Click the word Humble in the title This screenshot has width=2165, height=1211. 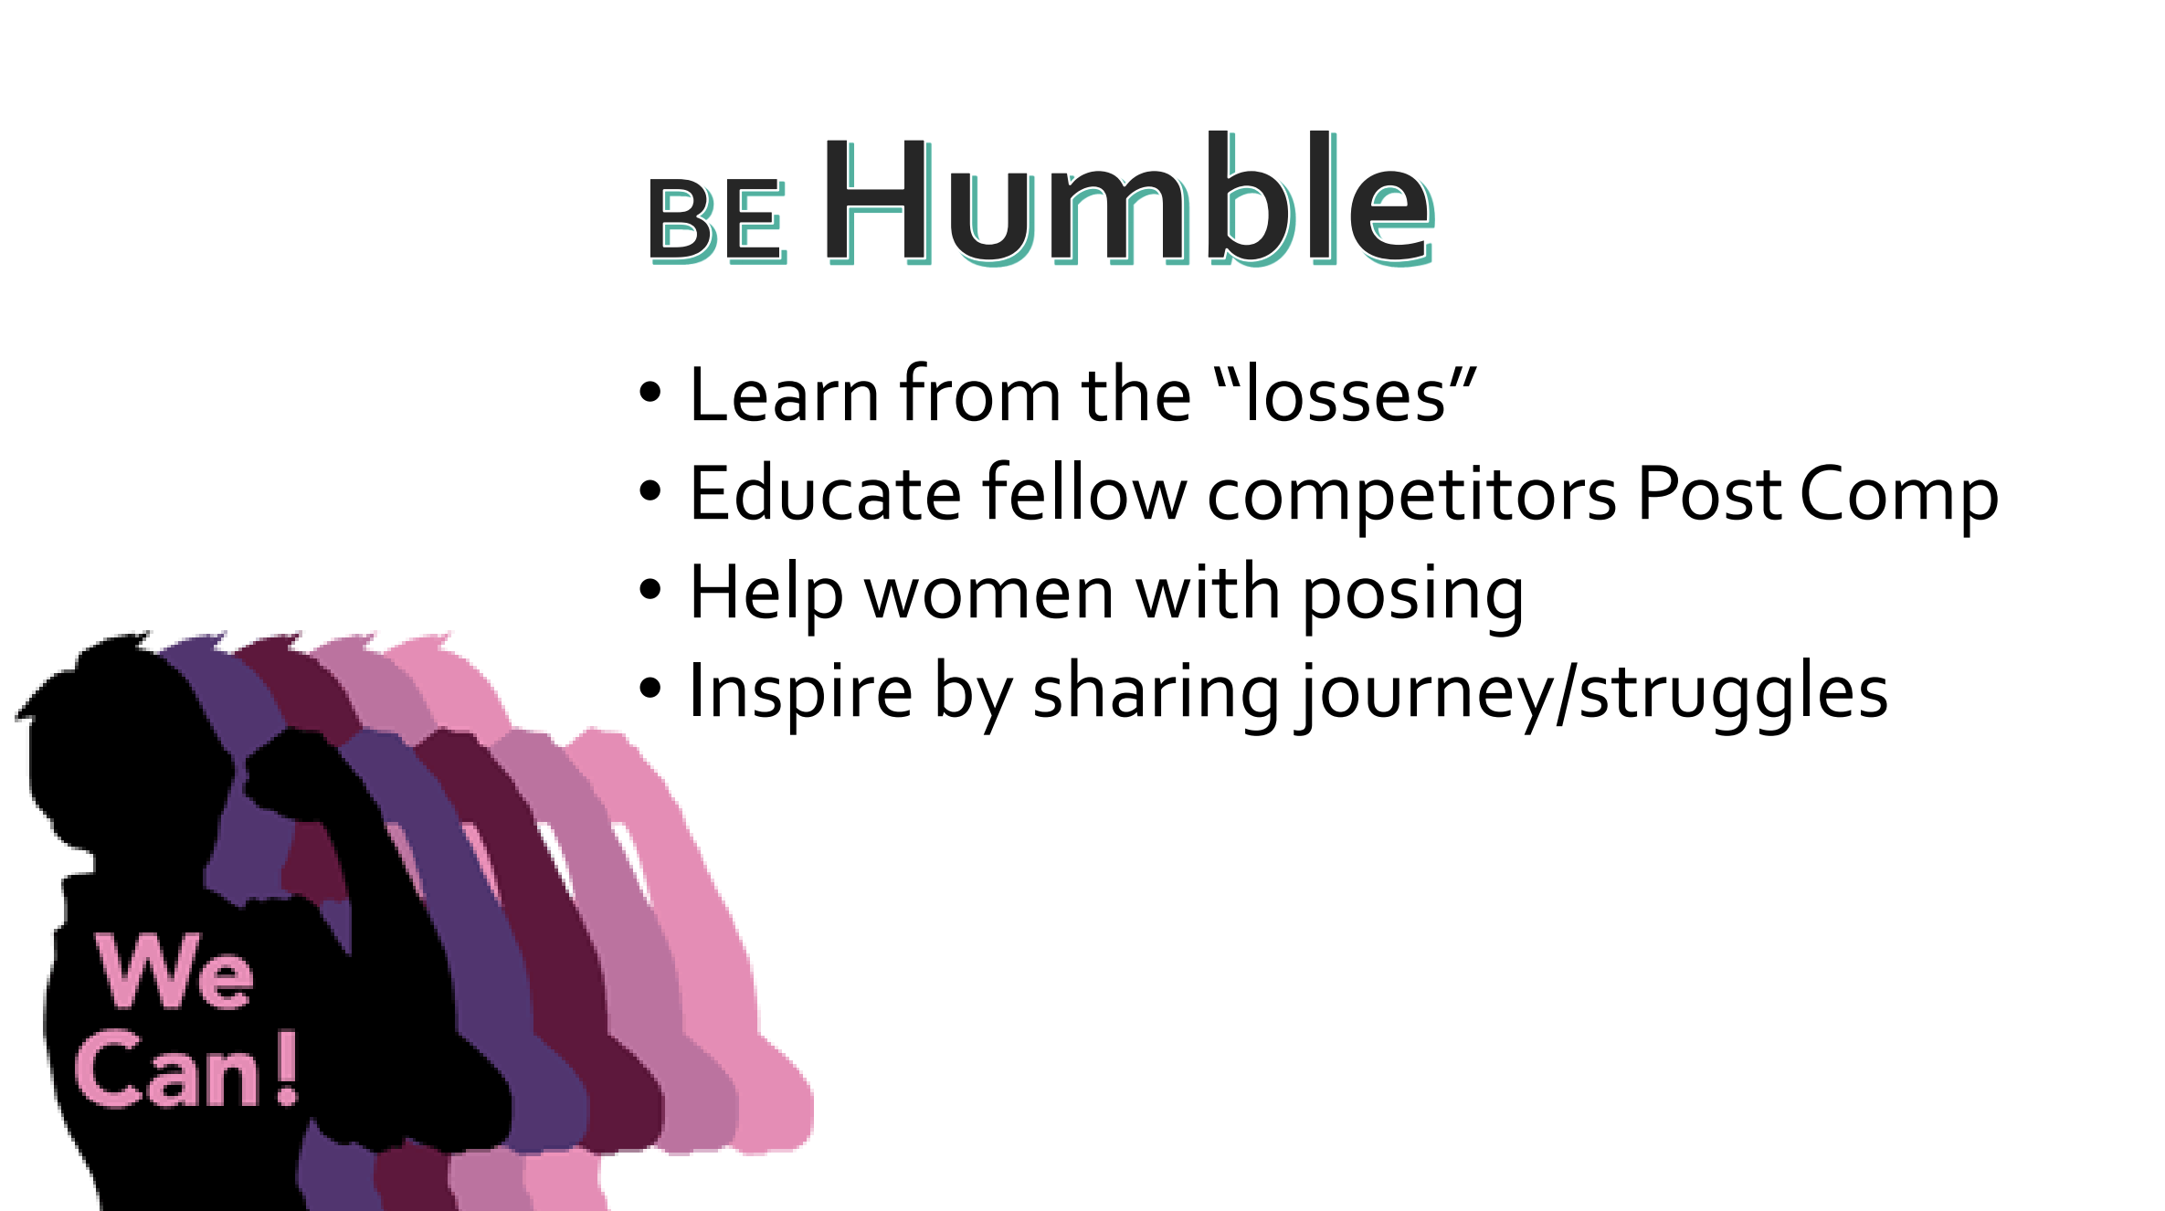(1129, 199)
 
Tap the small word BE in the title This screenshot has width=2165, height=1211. (717, 220)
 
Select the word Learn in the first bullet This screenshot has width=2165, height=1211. (785, 395)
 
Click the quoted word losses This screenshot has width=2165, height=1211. (1347, 395)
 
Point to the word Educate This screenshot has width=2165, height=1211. (826, 493)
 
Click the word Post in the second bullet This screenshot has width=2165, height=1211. (1709, 493)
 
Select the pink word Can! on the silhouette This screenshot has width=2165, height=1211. (187, 1069)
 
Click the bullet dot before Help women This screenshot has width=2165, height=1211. (649, 590)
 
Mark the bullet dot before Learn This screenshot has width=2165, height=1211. (649, 393)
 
